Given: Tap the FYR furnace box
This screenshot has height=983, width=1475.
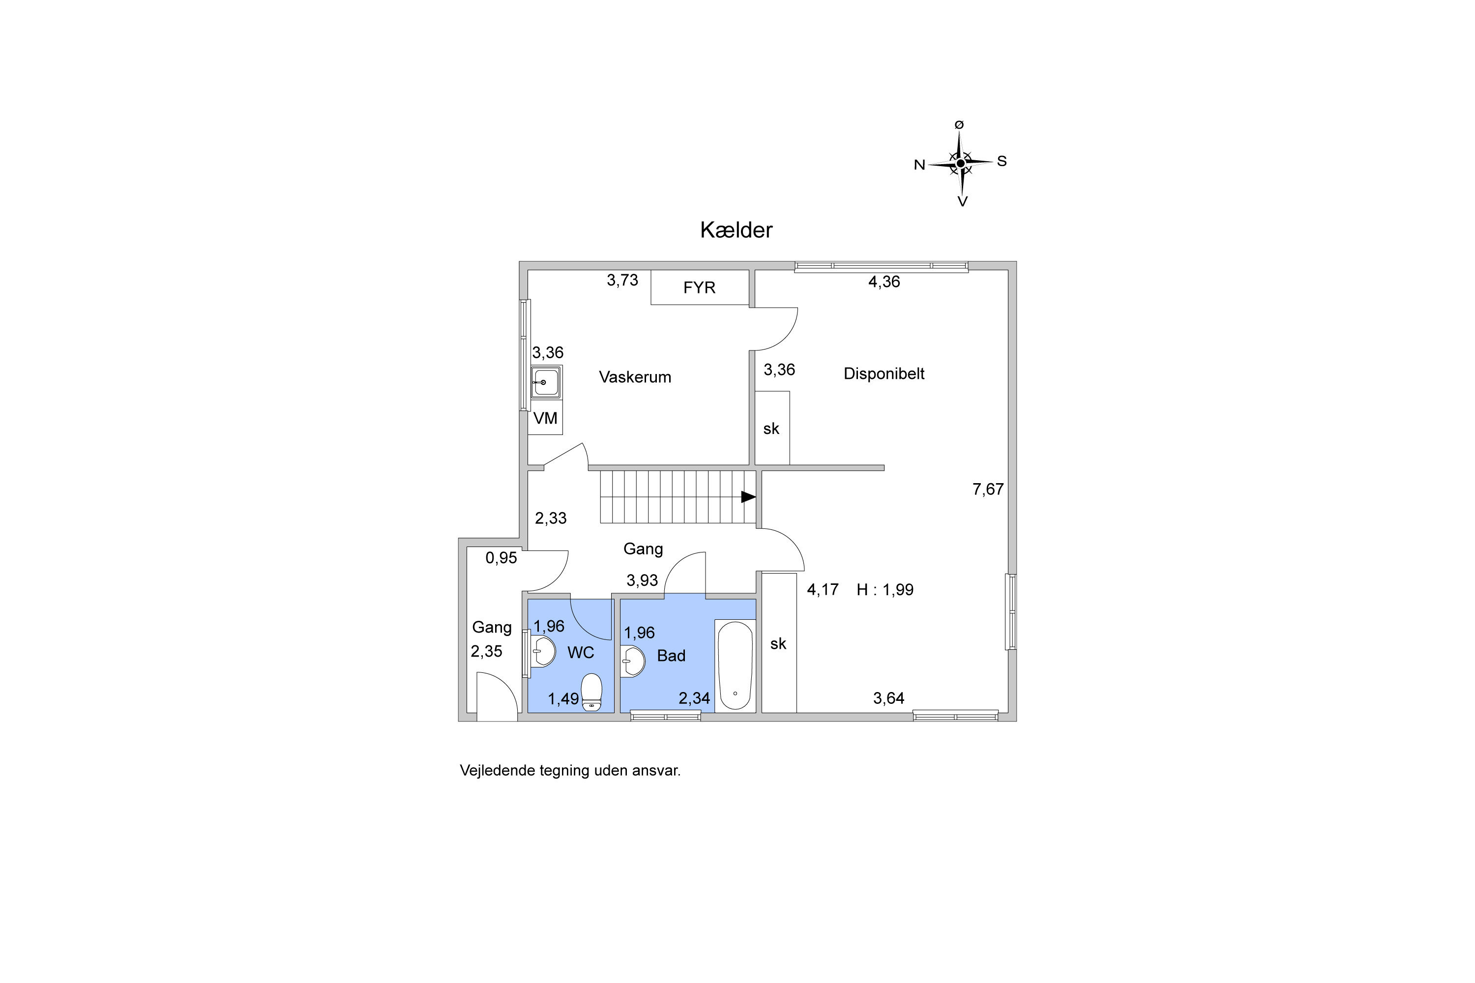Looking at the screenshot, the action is click(x=700, y=287).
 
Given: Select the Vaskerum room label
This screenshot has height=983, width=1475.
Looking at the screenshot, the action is click(x=635, y=377).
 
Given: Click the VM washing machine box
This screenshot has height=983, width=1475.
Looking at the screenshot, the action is click(x=545, y=417).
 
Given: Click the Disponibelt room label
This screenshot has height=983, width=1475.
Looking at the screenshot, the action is click(x=884, y=374).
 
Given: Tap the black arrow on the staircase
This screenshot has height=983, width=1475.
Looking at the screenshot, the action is click(x=748, y=496).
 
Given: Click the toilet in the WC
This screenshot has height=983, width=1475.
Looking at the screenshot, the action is click(x=591, y=692).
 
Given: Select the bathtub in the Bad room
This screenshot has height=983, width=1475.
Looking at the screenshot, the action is click(x=735, y=666).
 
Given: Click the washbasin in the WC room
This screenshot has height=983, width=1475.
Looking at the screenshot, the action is click(x=543, y=652).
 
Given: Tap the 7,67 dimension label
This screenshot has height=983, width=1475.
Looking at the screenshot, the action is click(x=988, y=489).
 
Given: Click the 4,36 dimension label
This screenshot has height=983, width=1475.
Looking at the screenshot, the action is click(x=884, y=282).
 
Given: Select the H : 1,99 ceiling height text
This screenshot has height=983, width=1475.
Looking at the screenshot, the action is click(x=885, y=589).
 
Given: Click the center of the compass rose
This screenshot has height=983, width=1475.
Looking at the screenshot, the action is click(x=960, y=163).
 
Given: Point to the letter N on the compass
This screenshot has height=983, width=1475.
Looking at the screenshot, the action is click(x=919, y=165).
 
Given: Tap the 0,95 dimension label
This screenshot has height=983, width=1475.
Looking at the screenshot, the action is click(x=501, y=557).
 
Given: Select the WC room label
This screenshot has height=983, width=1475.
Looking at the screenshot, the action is click(x=581, y=653).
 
